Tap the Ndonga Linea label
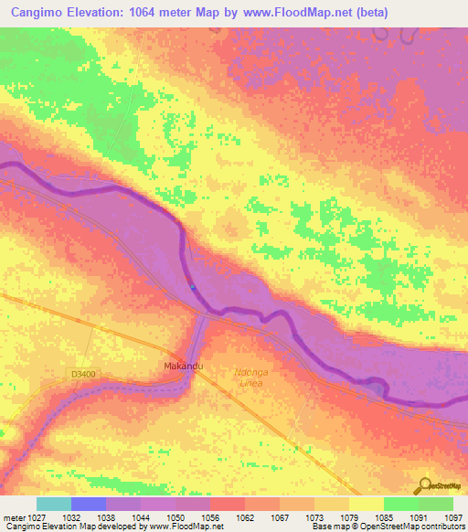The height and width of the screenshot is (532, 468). [x=250, y=378]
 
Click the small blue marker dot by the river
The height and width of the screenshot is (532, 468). [x=193, y=288]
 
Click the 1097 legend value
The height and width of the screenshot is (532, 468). [x=454, y=516]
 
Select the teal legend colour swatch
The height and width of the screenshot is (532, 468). [x=54, y=504]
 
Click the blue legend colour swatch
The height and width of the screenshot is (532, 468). [x=89, y=504]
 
